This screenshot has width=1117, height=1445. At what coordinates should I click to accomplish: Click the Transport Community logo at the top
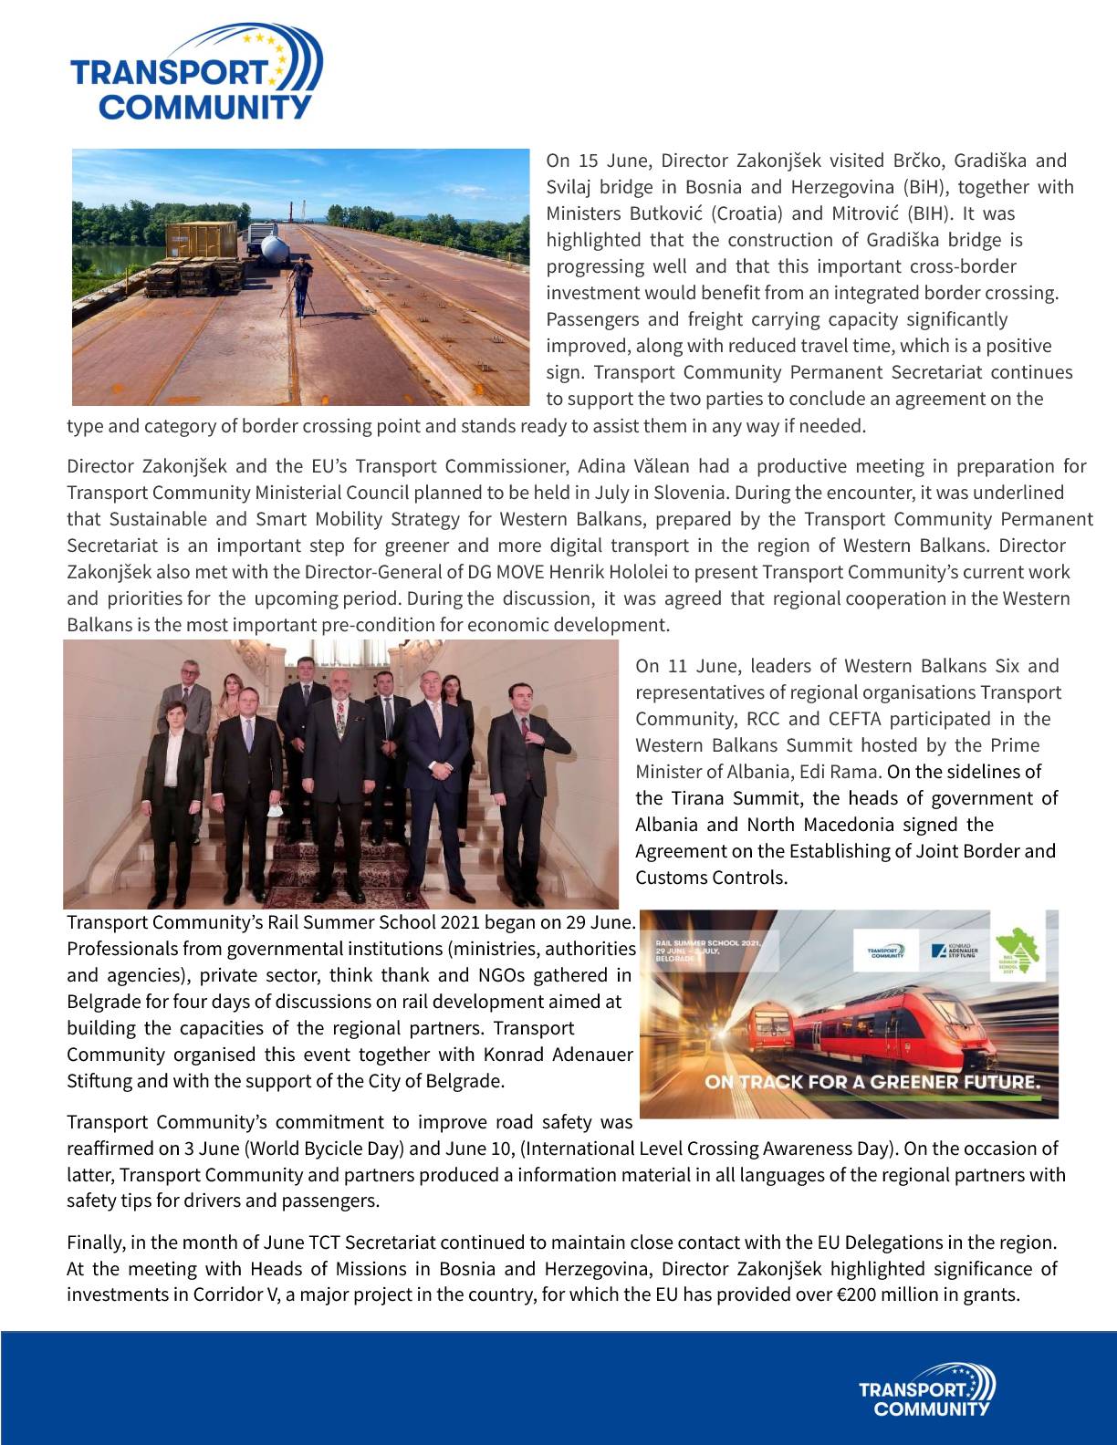point(195,73)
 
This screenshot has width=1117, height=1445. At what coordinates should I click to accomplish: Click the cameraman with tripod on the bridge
point(302,284)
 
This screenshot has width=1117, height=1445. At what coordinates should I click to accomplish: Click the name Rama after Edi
point(858,772)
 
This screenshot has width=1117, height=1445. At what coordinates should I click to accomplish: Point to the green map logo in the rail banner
point(1017,951)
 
